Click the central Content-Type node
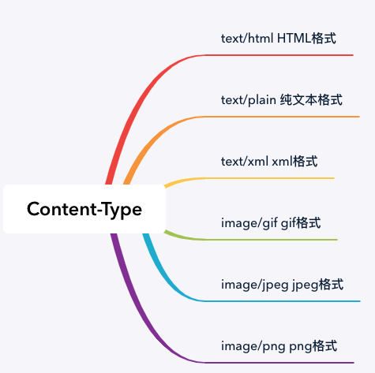coord(84,209)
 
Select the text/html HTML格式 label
coord(279,39)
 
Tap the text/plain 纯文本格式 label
coord(282,100)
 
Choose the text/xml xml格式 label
coord(269,161)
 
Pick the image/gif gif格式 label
coord(271,223)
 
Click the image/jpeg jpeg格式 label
coord(282,285)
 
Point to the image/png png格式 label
coord(279,346)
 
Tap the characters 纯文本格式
coord(311,100)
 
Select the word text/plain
coord(249,100)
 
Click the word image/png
coord(253,346)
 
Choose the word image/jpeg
coord(255,285)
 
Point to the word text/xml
coord(245,162)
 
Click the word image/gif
coord(249,223)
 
